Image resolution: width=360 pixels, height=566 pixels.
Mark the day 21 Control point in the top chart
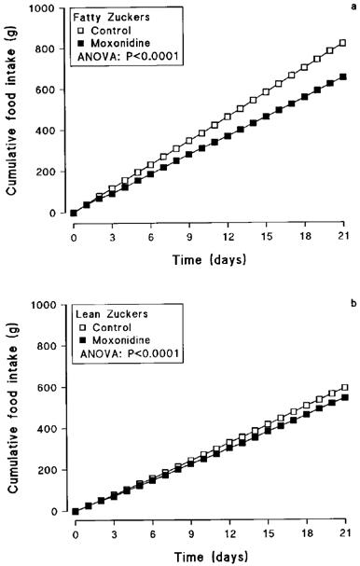tap(344, 43)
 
